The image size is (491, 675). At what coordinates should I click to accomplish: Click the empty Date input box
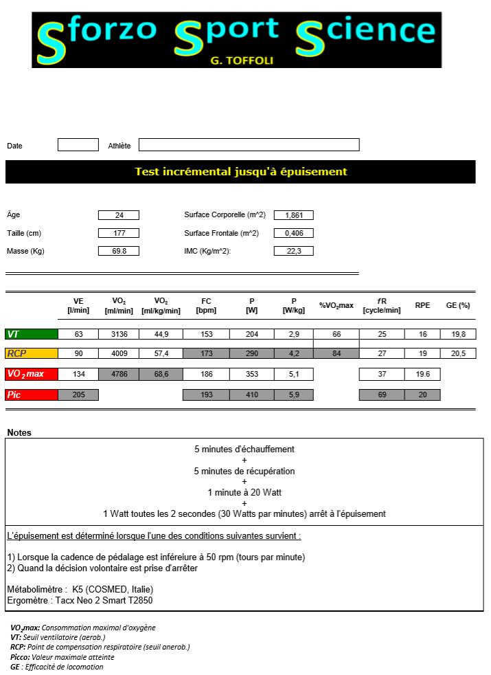78,145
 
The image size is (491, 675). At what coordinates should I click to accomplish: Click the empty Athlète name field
249,145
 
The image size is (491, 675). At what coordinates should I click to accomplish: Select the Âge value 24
119,215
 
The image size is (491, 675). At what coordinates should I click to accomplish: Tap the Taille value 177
119,233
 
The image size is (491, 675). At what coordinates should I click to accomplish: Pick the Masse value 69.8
119,251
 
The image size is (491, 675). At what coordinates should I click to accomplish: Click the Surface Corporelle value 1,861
294,215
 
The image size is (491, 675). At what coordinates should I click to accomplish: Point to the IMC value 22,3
294,251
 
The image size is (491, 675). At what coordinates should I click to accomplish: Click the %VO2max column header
336,305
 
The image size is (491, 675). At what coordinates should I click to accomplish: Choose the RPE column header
422,305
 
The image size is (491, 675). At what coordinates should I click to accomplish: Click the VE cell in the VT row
78,334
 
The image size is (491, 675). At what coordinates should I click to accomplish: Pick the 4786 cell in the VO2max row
119,375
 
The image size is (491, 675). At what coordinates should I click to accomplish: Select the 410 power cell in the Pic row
251,395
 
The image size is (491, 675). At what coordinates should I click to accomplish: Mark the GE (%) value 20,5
459,353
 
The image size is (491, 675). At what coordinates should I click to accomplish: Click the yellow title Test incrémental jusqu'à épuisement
240,172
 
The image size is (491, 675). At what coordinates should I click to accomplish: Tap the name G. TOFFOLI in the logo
241,60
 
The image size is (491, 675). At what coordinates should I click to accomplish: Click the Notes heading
19,432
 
